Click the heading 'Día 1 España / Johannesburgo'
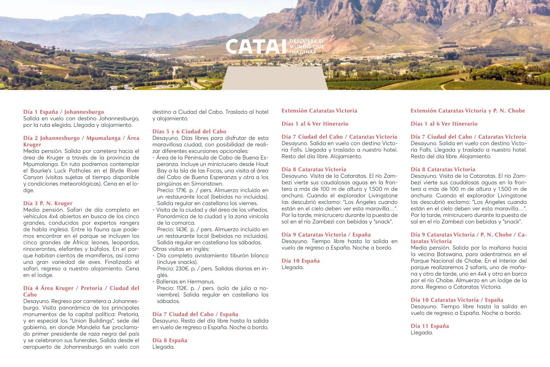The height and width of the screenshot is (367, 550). (x=64, y=112)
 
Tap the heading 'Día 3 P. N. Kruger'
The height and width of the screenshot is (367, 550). (x=48, y=203)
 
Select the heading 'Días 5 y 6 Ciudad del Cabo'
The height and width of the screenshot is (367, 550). (x=189, y=132)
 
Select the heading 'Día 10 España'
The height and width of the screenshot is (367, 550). (x=300, y=261)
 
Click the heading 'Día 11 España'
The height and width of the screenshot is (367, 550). (x=430, y=326)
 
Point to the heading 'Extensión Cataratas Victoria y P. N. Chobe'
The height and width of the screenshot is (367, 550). (x=468, y=111)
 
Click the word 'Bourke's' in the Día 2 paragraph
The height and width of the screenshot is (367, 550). (x=42, y=171)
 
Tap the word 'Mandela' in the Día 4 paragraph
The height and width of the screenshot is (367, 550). (x=94, y=327)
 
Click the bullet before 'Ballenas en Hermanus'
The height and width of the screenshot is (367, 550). (x=154, y=282)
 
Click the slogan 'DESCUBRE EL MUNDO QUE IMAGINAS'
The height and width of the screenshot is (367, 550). (x=306, y=46)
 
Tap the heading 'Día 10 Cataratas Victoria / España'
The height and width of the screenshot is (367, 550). (x=457, y=300)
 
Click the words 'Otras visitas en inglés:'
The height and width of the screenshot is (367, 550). (x=181, y=249)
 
